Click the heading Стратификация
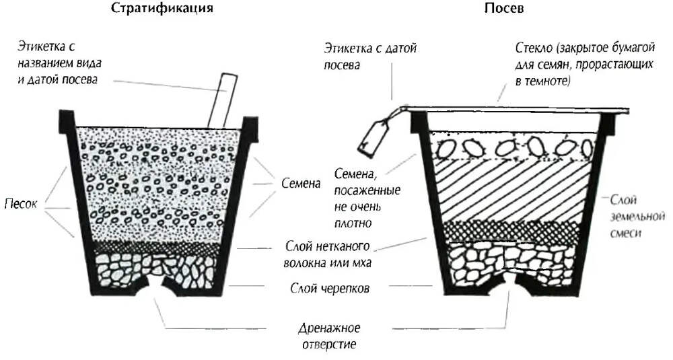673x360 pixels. point(157,9)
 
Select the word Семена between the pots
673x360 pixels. point(297,182)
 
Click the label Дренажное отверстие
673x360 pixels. point(329,336)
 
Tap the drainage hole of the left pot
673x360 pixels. point(157,288)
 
